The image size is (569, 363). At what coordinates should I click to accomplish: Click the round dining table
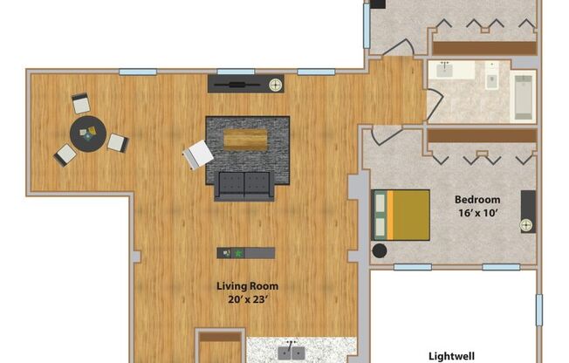pyautogui.click(x=88, y=135)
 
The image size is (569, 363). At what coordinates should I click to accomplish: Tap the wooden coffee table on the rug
pyautogui.click(x=245, y=140)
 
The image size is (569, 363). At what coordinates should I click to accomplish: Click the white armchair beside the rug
pyautogui.click(x=198, y=155)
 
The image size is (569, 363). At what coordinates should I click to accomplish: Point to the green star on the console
pyautogui.click(x=237, y=253)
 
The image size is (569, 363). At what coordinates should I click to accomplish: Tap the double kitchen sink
pyautogui.click(x=291, y=352)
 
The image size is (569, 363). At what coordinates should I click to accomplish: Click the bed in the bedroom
pyautogui.click(x=401, y=215)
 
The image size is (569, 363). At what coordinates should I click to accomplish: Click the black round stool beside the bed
pyautogui.click(x=380, y=251)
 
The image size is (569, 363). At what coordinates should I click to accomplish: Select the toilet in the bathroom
pyautogui.click(x=491, y=79)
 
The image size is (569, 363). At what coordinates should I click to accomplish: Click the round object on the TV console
pyautogui.click(x=276, y=85)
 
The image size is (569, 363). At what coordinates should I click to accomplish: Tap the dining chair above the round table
pyautogui.click(x=80, y=104)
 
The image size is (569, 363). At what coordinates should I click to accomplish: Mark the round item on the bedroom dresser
pyautogui.click(x=527, y=225)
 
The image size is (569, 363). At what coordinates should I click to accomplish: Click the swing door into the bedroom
pyautogui.click(x=384, y=135)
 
